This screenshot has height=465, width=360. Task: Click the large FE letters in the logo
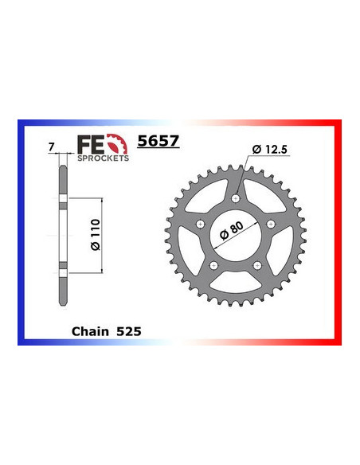pos(88,145)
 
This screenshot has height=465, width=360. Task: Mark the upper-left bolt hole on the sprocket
pos(200,224)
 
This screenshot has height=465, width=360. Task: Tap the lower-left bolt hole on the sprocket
pos(213,265)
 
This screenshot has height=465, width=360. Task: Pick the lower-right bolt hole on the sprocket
pos(256,265)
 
